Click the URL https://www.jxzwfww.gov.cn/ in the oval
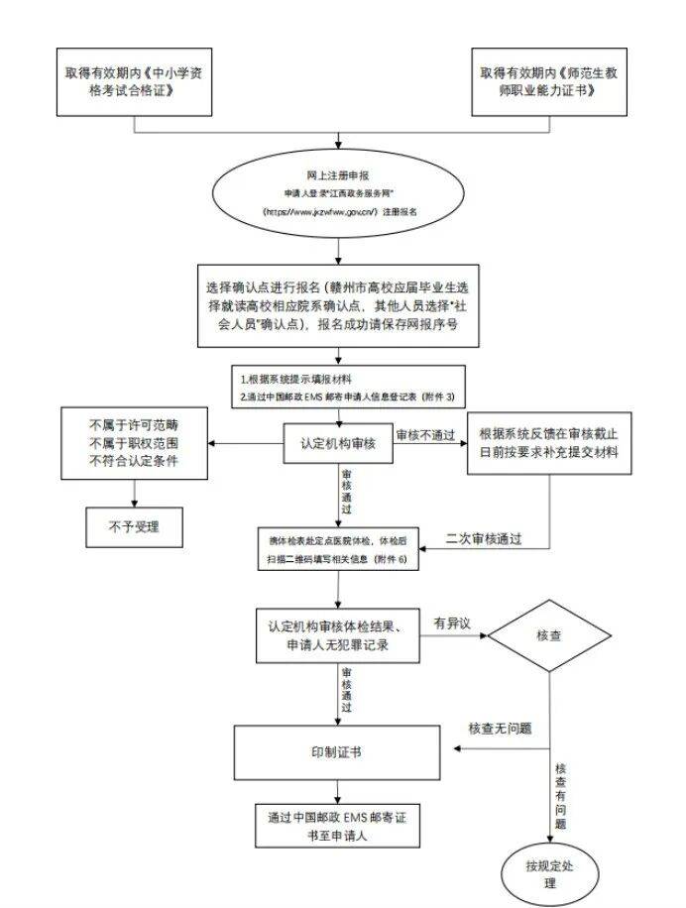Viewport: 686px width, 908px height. tap(320, 212)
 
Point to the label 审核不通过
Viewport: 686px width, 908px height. tap(427, 435)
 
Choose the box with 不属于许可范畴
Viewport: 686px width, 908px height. tap(134, 442)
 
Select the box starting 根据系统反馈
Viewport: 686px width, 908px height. tap(548, 442)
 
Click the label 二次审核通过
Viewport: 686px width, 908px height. tap(484, 539)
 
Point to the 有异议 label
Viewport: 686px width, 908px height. tap(451, 623)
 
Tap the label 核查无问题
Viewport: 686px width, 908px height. tap(500, 729)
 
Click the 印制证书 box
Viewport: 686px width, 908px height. tap(336, 752)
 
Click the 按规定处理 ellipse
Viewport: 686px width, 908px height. tap(548, 873)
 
